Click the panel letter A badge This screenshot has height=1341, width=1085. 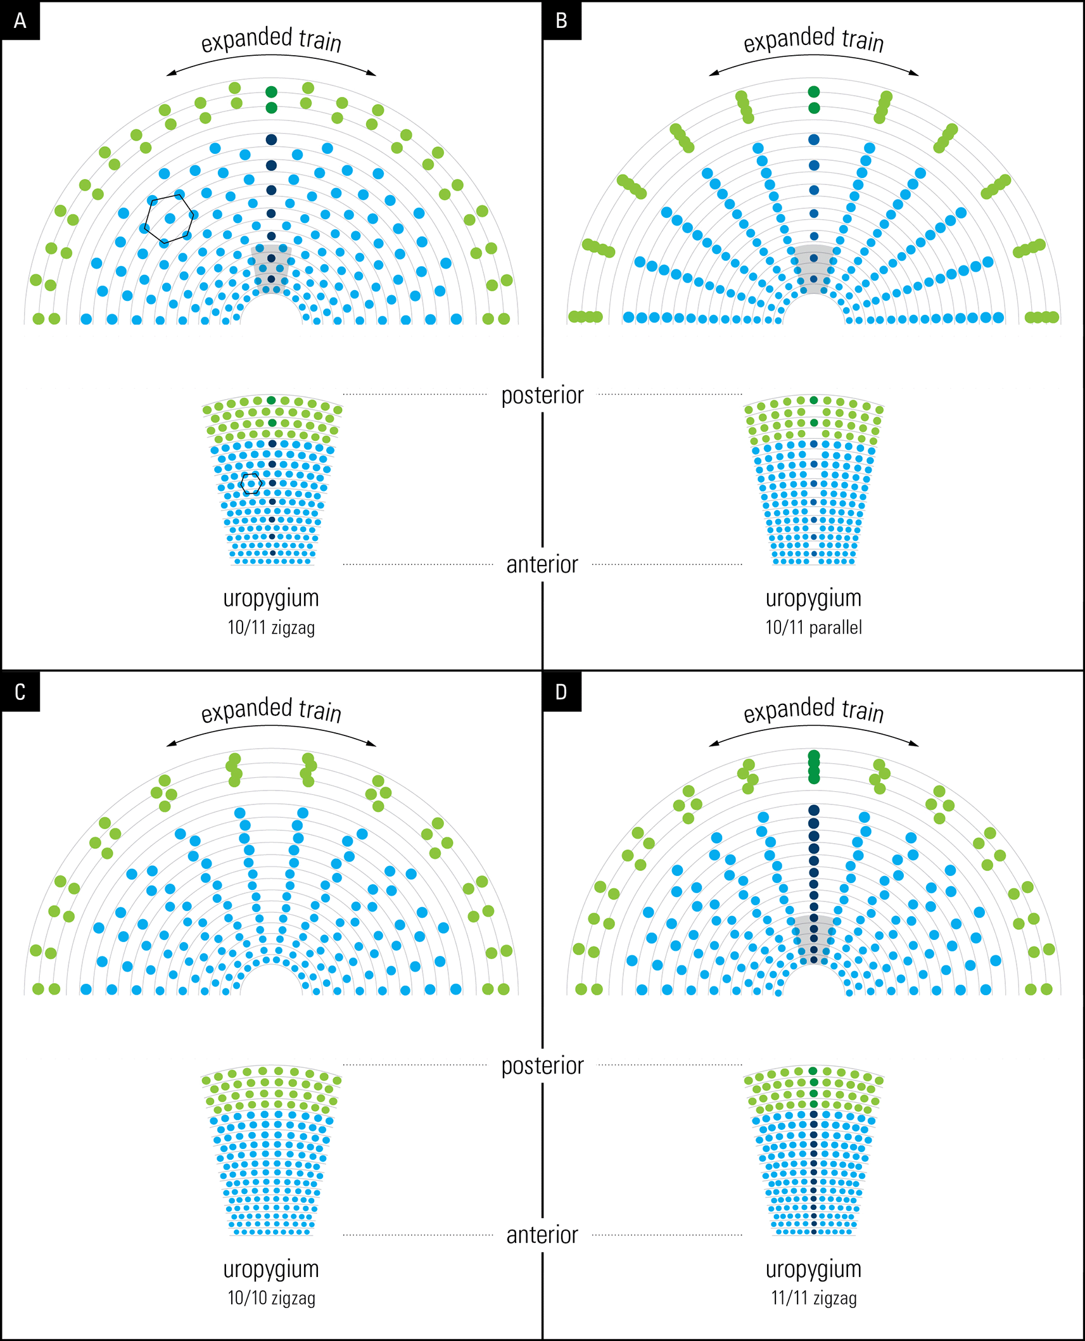[x=20, y=21]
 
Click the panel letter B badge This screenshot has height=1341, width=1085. [x=562, y=21]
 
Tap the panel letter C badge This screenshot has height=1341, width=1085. [x=20, y=692]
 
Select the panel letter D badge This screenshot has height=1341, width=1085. [x=562, y=692]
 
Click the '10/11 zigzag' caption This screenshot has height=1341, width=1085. [x=271, y=628]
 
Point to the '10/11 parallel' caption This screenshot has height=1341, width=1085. [x=813, y=628]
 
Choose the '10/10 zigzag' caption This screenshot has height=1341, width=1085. [x=271, y=1298]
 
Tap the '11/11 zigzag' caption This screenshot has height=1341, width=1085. [x=813, y=1298]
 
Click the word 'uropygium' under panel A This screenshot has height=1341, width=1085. [x=271, y=598]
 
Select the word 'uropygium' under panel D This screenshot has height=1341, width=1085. [x=813, y=1269]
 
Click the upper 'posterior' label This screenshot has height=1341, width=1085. [x=542, y=395]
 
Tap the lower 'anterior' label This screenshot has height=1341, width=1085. [x=542, y=1235]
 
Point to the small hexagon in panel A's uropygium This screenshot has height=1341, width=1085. [x=251, y=484]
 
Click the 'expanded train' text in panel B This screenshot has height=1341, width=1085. [x=813, y=40]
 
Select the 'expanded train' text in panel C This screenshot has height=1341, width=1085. [x=271, y=710]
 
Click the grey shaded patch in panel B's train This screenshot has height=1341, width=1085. [x=814, y=266]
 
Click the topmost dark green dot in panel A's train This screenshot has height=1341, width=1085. [x=271, y=92]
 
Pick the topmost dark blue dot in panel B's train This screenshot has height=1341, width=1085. [x=814, y=139]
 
